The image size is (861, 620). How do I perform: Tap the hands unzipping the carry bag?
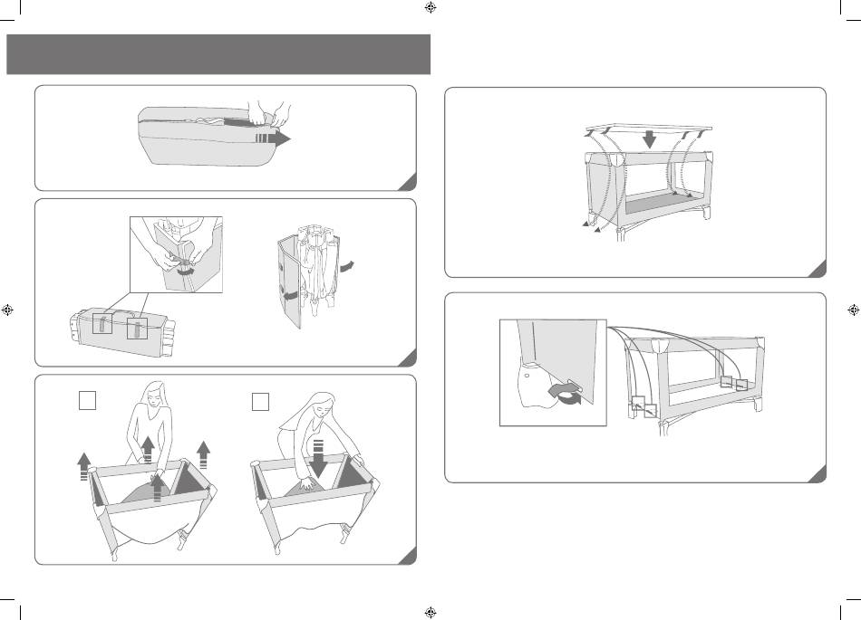click(269, 114)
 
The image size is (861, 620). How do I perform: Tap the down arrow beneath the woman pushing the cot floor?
click(317, 456)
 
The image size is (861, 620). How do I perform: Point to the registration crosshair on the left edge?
click(8, 309)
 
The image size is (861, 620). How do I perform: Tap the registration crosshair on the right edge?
click(852, 309)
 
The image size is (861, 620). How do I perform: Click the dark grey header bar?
click(218, 54)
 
